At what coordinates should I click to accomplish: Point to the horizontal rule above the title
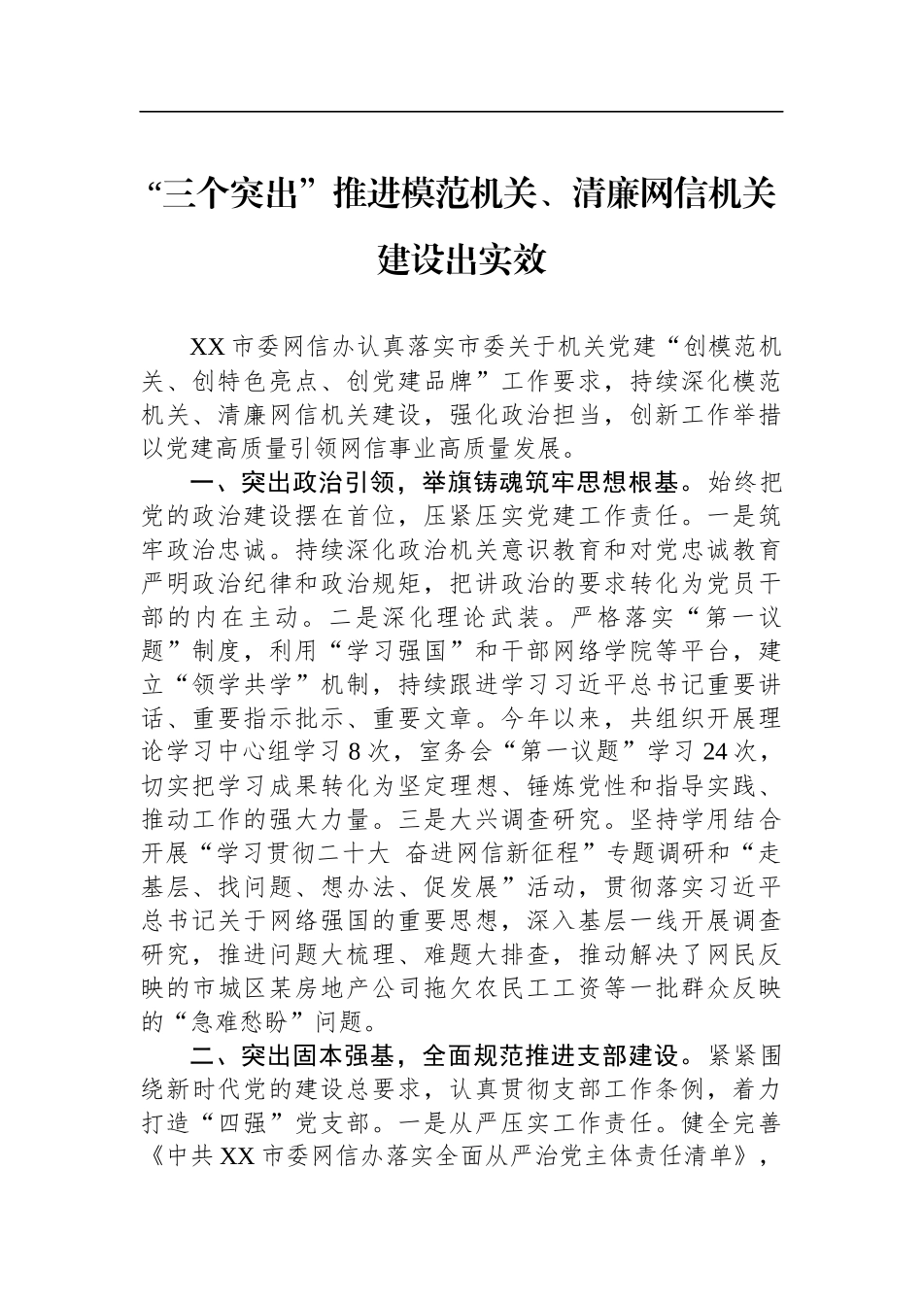(x=461, y=112)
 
